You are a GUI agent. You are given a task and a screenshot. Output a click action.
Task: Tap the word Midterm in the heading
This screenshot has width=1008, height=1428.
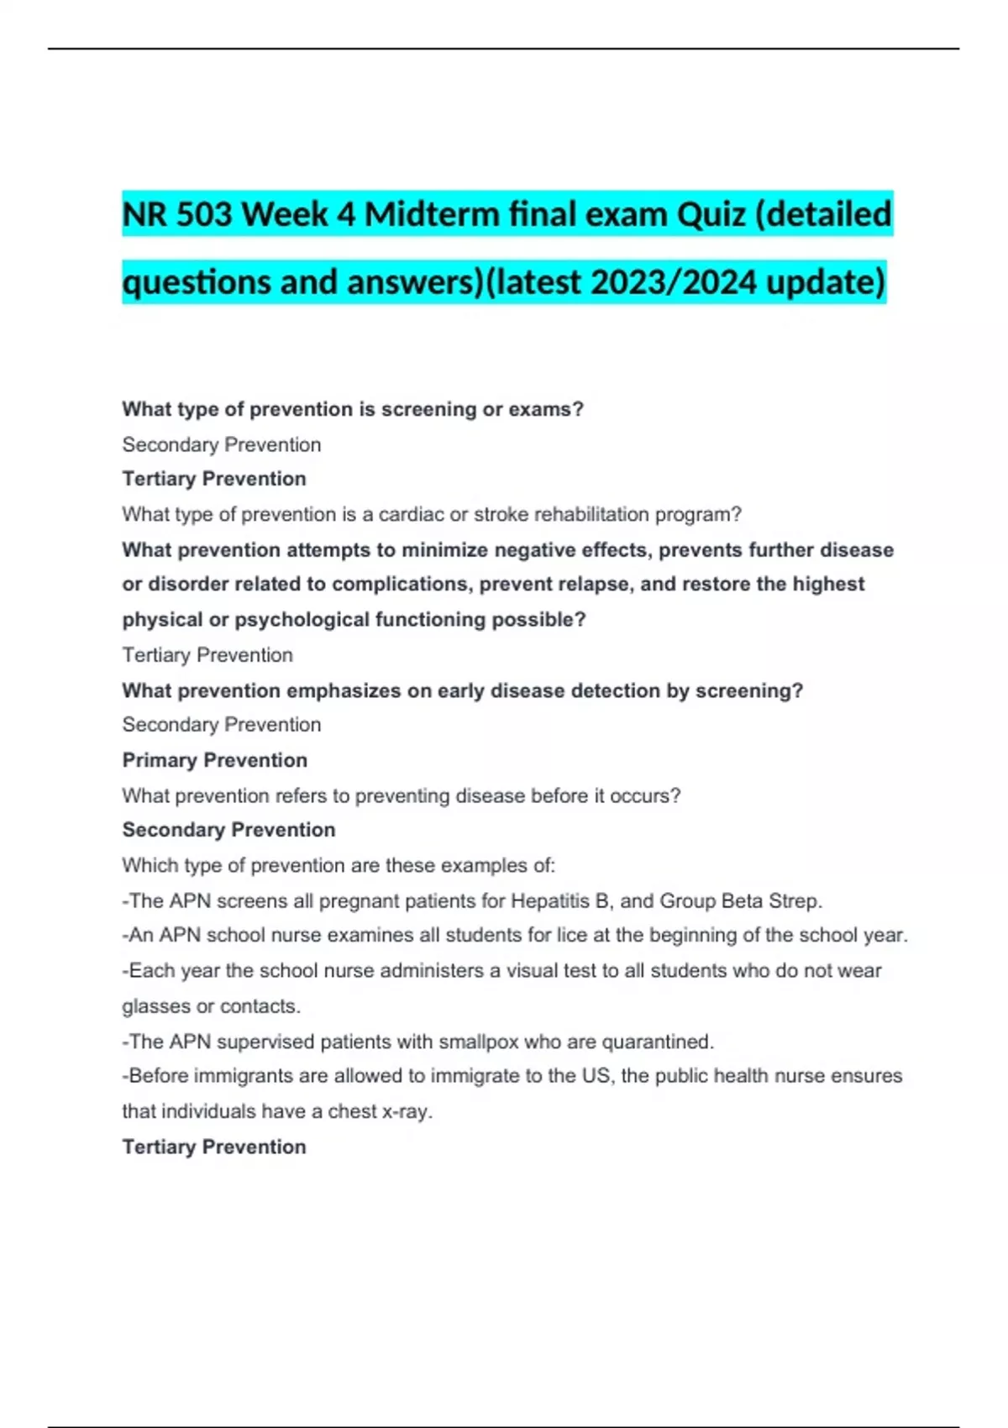pos(432,214)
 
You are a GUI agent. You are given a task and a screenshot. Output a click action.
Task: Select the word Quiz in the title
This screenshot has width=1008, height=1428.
pos(711,214)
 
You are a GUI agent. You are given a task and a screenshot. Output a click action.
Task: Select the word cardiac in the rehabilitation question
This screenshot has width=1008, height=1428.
pos(409,514)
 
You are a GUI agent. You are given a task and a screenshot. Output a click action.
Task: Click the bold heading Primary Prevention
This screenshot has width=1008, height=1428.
pos(215,760)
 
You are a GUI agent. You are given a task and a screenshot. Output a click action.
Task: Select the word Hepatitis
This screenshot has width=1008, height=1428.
pos(550,901)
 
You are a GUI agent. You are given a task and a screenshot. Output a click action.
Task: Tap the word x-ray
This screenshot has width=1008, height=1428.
pos(407,1111)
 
